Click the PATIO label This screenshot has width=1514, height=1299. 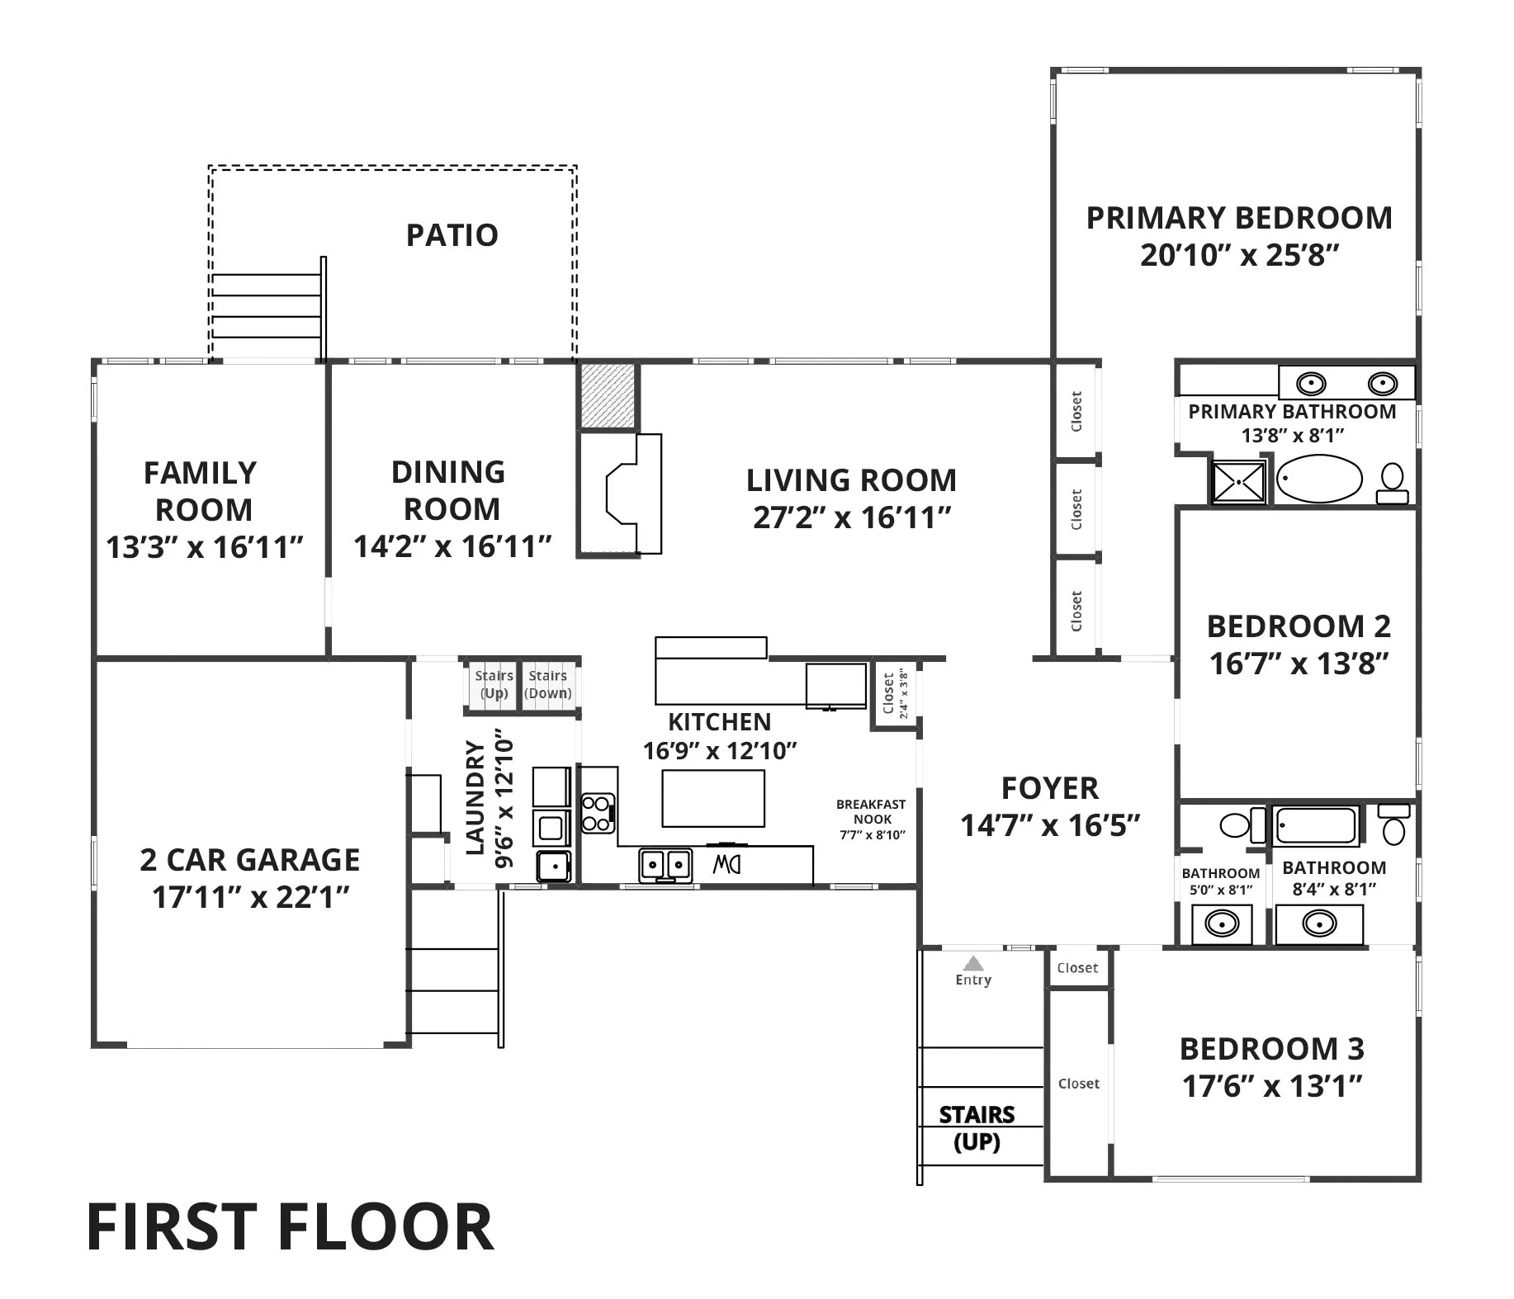[452, 235]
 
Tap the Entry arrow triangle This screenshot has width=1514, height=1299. [974, 963]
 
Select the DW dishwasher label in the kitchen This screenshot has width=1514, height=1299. [726, 865]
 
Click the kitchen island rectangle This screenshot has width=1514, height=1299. [713, 798]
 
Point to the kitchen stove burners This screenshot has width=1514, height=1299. [598, 812]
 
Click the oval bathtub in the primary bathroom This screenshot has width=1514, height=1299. [1320, 479]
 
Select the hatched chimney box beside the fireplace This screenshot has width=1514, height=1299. [608, 396]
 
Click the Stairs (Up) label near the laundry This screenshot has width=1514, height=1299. [494, 684]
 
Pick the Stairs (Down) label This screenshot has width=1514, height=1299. [548, 684]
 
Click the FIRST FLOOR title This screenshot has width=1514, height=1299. [290, 1227]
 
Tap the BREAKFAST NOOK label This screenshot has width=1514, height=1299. [872, 811]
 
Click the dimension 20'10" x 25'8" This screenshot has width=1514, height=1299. [1239, 255]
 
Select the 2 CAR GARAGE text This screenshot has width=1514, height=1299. [250, 860]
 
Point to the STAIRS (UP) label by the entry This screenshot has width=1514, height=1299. [977, 1128]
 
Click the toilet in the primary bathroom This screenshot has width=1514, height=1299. [1393, 484]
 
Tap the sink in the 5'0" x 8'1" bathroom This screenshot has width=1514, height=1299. [1222, 923]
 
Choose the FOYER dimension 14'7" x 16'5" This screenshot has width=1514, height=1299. [1050, 824]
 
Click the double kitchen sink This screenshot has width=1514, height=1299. [665, 864]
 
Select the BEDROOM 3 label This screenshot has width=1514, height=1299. [1272, 1049]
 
